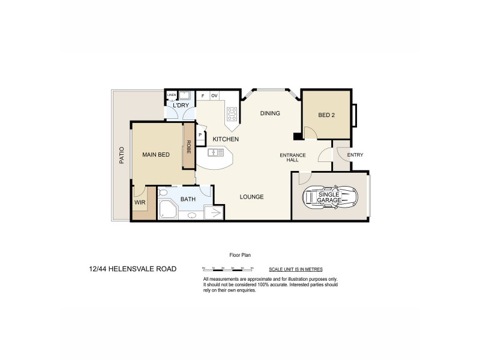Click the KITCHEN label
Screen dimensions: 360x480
pos(226,139)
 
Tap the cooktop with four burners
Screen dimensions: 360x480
pos(232,114)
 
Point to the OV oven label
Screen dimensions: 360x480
pos(214,95)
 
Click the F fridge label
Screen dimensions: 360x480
pos(203,95)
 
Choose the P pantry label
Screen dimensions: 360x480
pos(200,135)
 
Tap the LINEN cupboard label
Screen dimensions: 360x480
pos(172,95)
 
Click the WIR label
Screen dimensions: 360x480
pos(140,203)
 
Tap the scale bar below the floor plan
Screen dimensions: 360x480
pos(229,269)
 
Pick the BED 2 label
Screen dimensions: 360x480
pos(326,116)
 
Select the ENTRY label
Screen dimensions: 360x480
pos(355,155)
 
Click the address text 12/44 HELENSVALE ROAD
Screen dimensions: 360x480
pos(132,269)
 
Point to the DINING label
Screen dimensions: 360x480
pos(270,113)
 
